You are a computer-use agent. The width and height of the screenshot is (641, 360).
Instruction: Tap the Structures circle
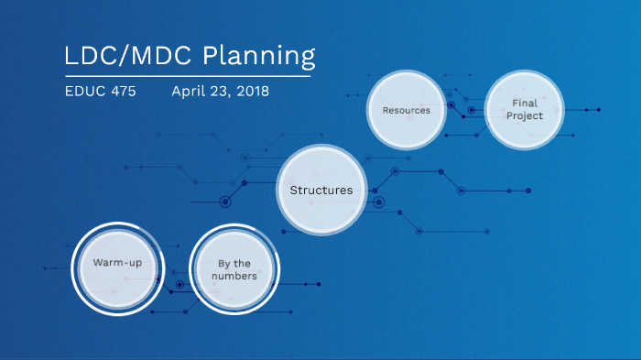click(320, 191)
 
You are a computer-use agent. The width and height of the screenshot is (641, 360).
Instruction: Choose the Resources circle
click(406, 110)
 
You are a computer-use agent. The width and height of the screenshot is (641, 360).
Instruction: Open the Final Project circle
click(525, 110)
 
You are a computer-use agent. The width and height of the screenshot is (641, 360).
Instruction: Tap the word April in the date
click(189, 92)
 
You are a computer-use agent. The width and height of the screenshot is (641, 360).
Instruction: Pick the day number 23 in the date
click(219, 92)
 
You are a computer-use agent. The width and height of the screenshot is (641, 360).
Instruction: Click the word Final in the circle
click(525, 104)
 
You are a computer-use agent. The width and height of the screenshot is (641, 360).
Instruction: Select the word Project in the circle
click(525, 116)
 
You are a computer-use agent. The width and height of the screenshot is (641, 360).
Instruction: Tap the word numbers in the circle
click(234, 276)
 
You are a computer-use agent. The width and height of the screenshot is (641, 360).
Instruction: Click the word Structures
click(320, 191)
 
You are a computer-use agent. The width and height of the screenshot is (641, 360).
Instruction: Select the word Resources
click(406, 110)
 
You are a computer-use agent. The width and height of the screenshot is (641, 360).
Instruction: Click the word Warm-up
click(116, 264)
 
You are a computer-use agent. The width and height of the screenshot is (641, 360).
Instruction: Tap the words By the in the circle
click(234, 264)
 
